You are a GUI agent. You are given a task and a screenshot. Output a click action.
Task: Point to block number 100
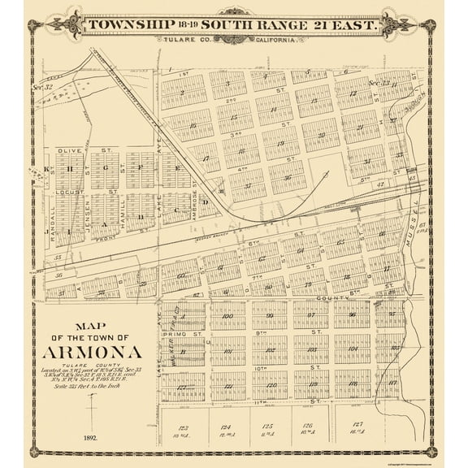pyautogui.click(x=227, y=315)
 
